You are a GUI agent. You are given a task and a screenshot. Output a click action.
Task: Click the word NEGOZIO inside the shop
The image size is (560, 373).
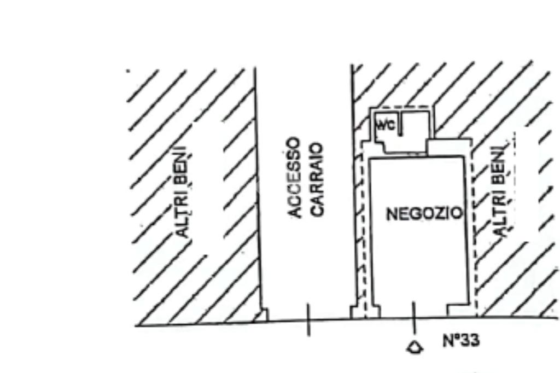tap(424, 213)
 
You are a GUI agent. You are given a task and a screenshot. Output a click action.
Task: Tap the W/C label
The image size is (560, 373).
tap(384, 125)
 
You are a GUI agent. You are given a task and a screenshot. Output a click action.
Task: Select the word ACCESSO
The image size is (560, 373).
tap(295, 178)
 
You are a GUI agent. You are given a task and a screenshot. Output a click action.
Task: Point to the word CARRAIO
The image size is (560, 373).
tap(318, 179)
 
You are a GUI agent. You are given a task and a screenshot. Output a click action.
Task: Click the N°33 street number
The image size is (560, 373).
tap(460, 341)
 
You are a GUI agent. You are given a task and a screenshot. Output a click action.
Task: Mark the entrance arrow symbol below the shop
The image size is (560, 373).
tap(415, 347)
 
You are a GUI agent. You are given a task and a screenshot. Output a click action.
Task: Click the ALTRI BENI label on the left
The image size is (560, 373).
tap(184, 191)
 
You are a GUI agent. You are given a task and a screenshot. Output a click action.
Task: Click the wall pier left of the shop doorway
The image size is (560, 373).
tap(373, 311)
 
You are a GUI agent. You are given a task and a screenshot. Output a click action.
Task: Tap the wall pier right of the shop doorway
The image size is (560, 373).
tap(457, 311)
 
